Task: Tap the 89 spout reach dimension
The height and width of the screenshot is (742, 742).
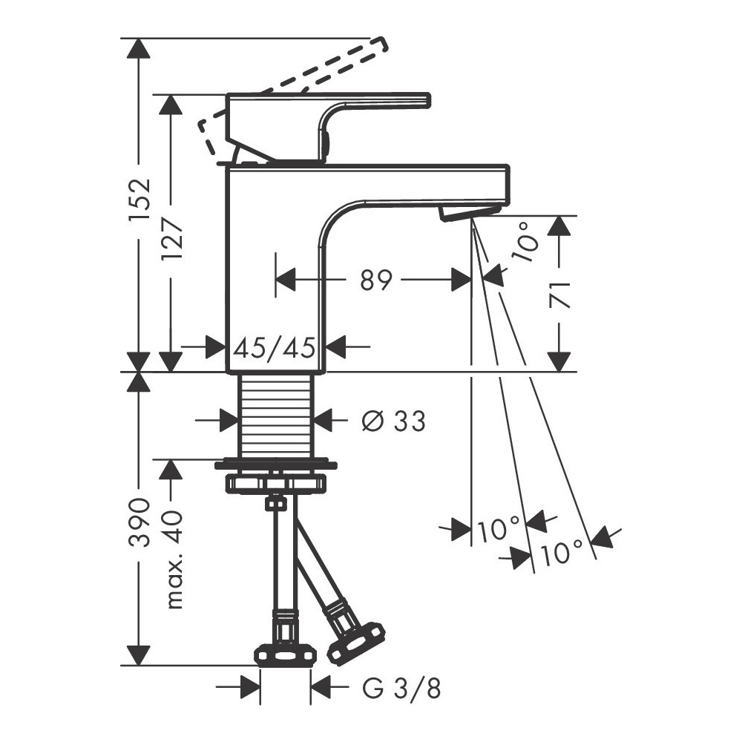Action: (376, 280)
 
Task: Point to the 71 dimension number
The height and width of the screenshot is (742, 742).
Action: (559, 295)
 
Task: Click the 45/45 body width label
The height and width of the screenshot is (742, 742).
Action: (275, 348)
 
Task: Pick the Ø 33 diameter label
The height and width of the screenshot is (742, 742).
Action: (393, 421)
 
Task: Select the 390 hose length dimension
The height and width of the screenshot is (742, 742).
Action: (139, 522)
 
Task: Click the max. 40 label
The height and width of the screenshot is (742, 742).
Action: (172, 559)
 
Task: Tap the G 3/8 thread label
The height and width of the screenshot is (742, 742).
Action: (401, 689)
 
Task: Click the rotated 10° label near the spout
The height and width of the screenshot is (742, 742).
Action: (526, 243)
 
